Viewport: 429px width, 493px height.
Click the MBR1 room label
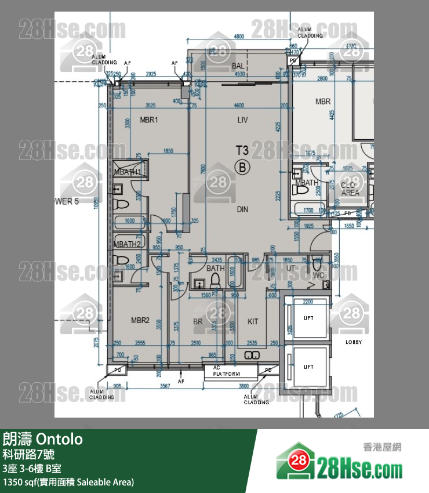coord(149,120)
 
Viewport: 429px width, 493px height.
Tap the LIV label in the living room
coord(242,120)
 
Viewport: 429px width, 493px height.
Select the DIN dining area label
coord(242,209)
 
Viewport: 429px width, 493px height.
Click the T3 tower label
coord(242,151)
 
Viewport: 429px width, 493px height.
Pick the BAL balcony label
coord(238,66)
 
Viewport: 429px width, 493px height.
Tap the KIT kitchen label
coord(253,321)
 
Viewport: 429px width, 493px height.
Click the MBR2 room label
coord(140,320)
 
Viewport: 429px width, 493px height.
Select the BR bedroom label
coord(198,321)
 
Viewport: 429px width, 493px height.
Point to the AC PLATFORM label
coord(226,371)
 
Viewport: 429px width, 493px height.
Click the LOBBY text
coord(354,342)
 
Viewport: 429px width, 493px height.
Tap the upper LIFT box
coord(308,318)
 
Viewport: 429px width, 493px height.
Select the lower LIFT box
coord(308,367)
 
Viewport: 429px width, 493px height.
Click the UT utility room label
coord(291,269)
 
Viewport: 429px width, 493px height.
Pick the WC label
coord(318,275)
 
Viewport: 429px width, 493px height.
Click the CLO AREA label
coord(350,189)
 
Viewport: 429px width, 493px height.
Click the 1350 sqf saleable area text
coord(68,481)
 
